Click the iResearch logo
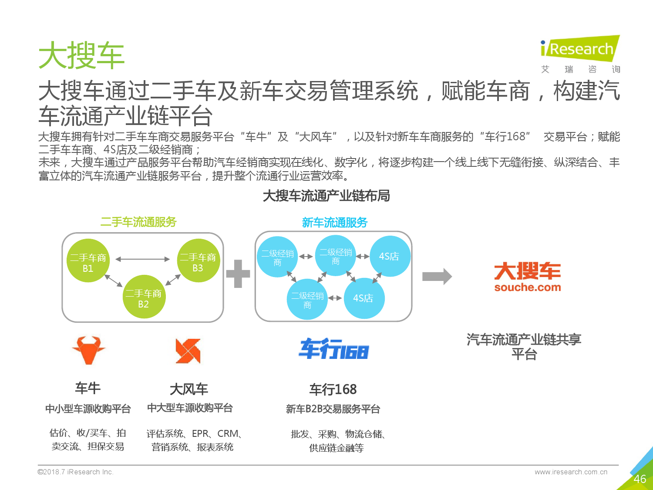(580, 54)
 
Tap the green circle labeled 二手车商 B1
(88, 260)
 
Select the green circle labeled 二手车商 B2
(144, 297)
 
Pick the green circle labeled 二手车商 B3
(199, 260)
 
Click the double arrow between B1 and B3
(142, 259)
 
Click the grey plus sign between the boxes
(238, 274)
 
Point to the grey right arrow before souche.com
(437, 277)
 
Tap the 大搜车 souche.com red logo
(528, 277)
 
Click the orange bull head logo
(89, 350)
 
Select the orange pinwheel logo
(188, 351)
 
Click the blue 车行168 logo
(334, 349)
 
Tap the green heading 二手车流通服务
(138, 222)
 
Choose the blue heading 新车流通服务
(335, 223)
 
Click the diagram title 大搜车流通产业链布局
(326, 196)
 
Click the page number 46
(640, 479)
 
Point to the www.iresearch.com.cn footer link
(571, 472)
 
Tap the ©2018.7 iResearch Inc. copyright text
(76, 472)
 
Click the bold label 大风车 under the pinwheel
(189, 389)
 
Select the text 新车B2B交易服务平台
(333, 409)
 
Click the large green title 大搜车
(81, 56)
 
